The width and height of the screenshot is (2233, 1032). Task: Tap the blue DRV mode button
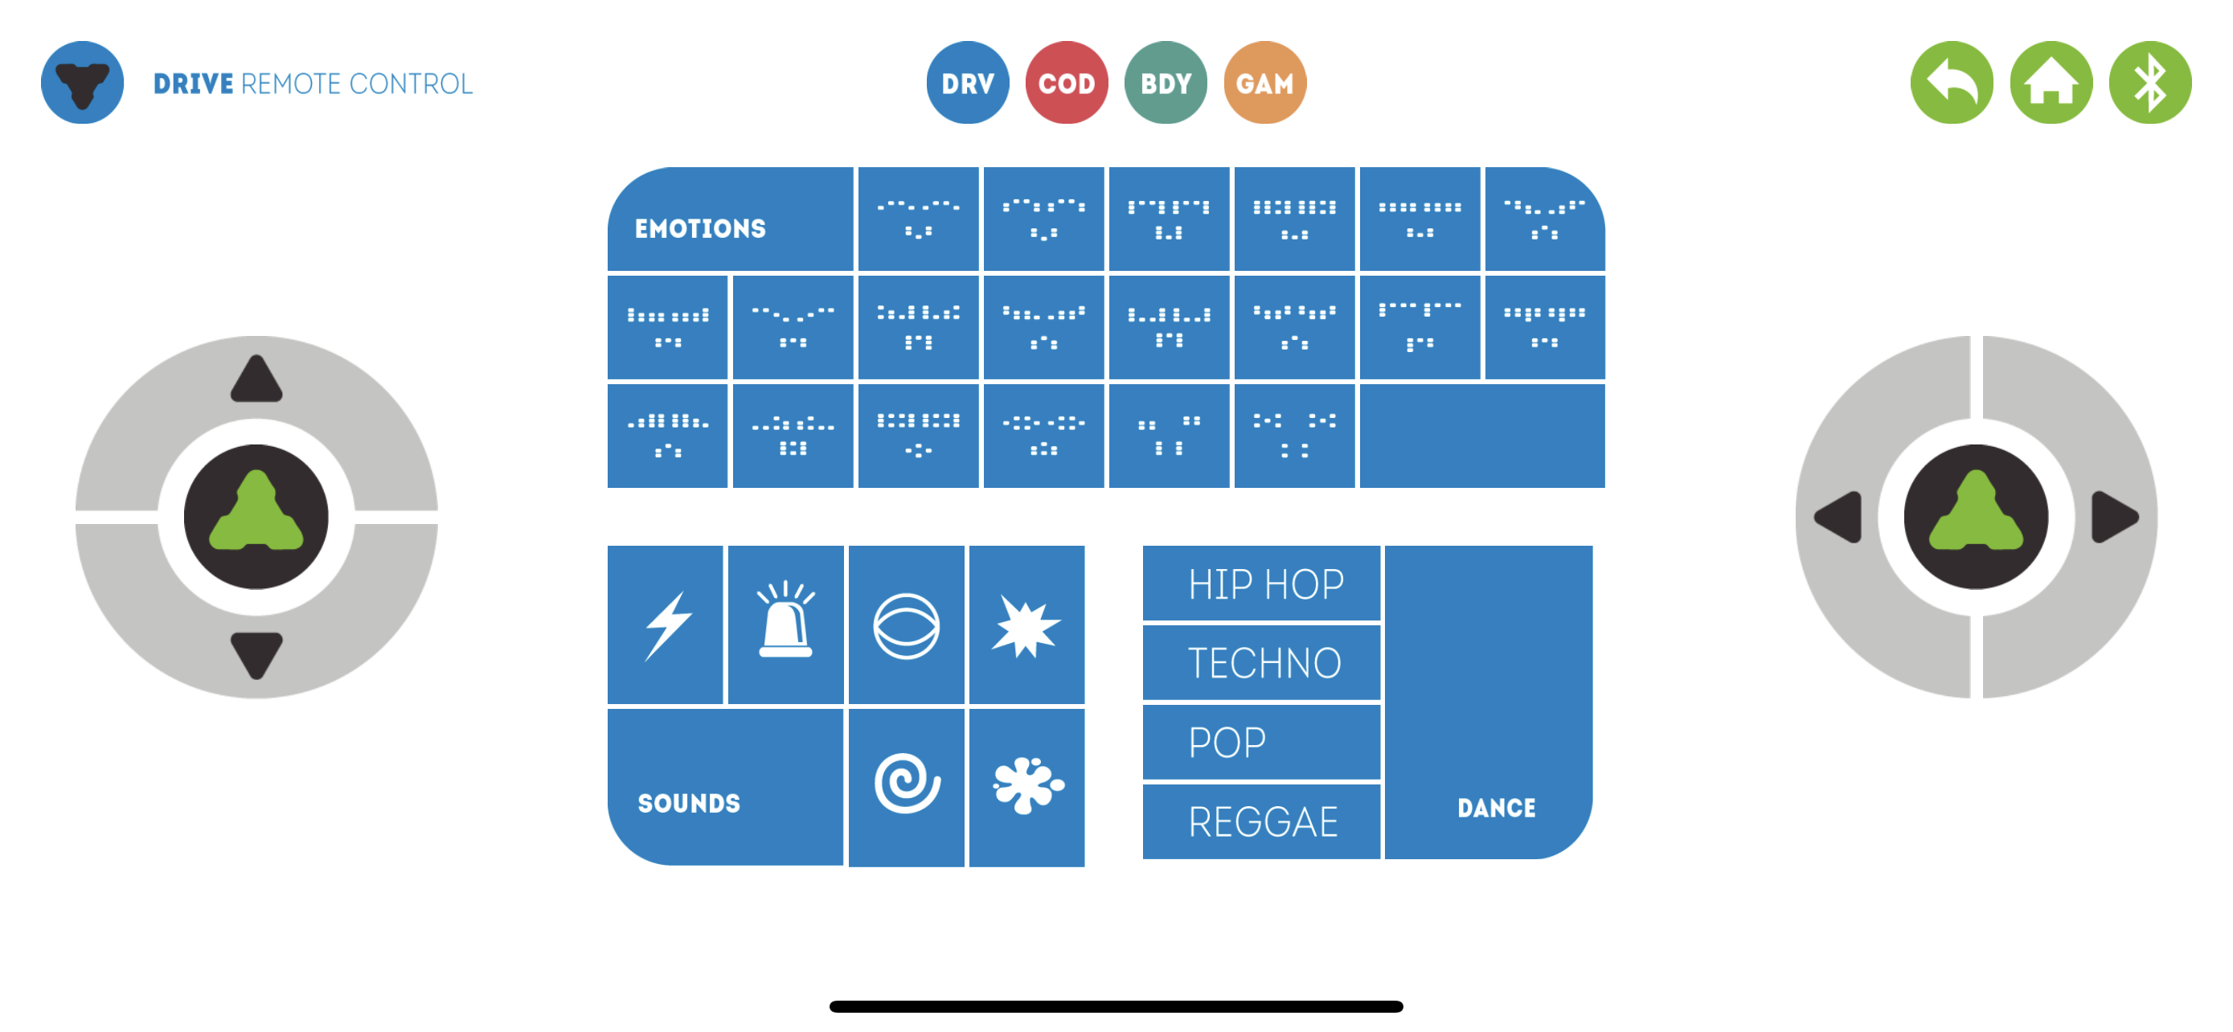[968, 82]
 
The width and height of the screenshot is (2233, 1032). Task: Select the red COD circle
[1066, 82]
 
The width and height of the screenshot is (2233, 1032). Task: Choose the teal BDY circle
[1165, 82]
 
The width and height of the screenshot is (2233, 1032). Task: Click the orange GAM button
[1264, 82]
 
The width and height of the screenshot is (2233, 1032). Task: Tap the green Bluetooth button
[2149, 82]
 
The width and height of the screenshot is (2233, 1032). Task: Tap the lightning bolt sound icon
[666, 625]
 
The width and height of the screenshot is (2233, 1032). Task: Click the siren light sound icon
[785, 620]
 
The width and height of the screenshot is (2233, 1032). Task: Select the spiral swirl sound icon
[907, 784]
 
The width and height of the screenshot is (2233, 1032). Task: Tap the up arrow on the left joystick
[256, 379]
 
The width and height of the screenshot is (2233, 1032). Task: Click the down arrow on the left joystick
[256, 655]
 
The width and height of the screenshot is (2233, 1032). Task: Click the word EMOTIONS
[700, 229]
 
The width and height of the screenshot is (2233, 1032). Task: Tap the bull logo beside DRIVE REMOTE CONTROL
[82, 82]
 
